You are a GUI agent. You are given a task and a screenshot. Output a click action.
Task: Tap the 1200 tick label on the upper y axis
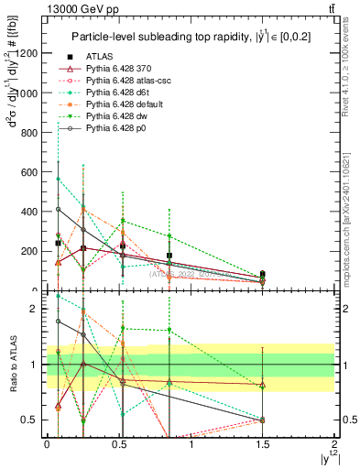(27, 53)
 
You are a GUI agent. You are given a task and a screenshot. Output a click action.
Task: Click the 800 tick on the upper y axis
(29, 132)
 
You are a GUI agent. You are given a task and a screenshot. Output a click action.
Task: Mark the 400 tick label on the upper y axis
(29, 211)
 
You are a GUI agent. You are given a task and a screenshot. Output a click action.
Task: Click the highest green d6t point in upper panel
(59, 179)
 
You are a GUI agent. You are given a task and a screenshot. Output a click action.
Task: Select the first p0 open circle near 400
(59, 209)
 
